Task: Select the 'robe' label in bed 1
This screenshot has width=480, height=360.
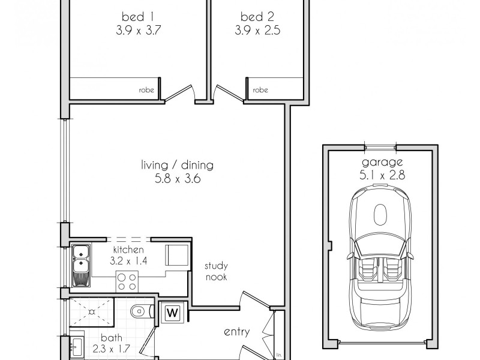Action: click(x=146, y=91)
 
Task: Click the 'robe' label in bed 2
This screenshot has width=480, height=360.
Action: click(x=260, y=91)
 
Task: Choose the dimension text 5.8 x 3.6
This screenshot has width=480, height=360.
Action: click(x=177, y=178)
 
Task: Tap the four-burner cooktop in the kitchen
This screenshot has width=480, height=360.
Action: click(x=127, y=279)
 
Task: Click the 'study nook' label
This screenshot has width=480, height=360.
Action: click(x=216, y=271)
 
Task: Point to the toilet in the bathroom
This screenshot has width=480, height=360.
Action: click(x=140, y=311)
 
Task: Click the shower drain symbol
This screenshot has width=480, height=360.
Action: click(x=92, y=312)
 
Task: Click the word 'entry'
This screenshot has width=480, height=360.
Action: click(x=236, y=332)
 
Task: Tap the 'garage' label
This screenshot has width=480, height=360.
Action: click(x=382, y=163)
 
